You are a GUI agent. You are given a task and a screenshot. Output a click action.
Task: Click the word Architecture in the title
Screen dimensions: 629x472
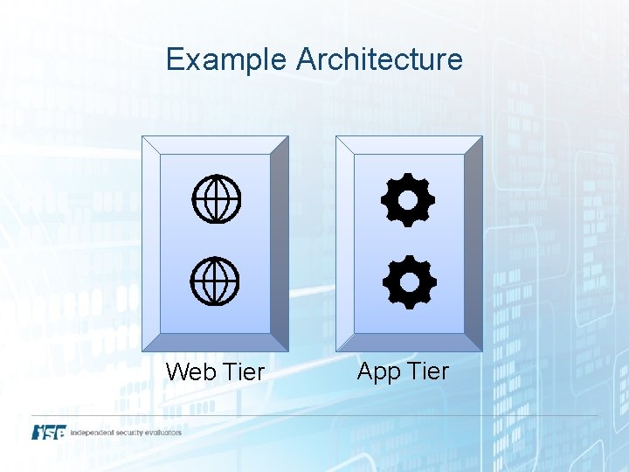pos(379,59)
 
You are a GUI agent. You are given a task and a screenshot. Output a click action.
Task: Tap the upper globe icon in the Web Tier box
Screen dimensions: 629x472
pos(216,198)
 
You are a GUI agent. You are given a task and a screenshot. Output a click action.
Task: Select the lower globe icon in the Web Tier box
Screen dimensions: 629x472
pos(216,281)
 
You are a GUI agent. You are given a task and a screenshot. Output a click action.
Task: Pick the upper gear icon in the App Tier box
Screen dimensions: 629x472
pos(407,200)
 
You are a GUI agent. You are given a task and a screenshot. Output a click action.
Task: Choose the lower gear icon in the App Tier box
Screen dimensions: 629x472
pos(408,281)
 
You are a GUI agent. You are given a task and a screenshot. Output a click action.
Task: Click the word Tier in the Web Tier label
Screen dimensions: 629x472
pos(244,372)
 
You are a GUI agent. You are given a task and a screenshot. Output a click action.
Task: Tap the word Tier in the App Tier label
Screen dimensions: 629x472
pos(428,371)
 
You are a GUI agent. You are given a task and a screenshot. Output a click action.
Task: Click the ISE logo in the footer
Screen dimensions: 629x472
pos(48,432)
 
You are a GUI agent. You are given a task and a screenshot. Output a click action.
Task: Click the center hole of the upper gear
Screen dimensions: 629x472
pos(407,200)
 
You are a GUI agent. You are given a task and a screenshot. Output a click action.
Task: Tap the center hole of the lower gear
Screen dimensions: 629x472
pos(408,281)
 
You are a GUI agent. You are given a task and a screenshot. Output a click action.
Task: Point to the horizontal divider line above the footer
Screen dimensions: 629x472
pos(314,415)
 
